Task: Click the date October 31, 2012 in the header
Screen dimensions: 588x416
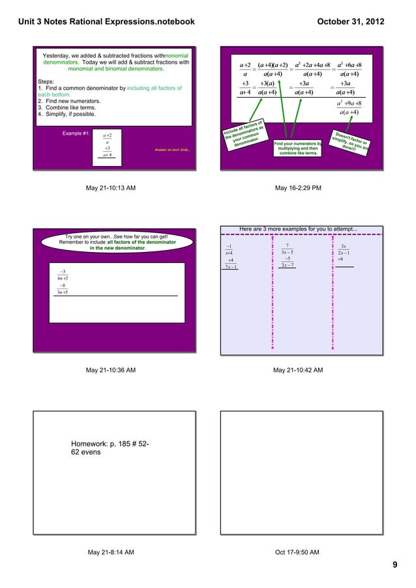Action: [x=350, y=22]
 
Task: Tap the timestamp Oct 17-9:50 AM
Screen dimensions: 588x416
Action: [x=297, y=552]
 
